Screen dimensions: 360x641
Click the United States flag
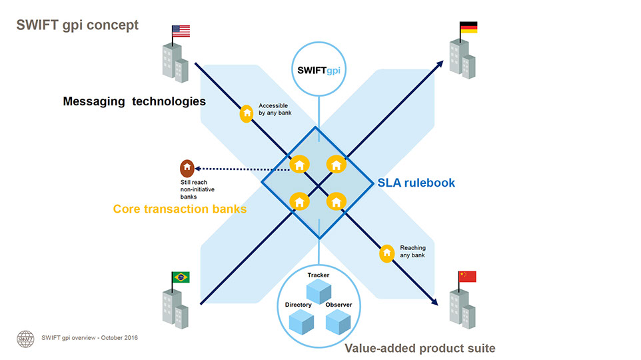[181, 31]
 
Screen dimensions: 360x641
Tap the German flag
[468, 28]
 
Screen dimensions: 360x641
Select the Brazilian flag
[180, 277]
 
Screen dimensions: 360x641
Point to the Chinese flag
[467, 277]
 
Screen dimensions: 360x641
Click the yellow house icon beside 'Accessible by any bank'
[247, 113]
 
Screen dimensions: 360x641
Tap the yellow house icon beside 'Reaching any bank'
[387, 253]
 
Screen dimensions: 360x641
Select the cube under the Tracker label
[318, 291]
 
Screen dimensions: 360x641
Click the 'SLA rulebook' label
[416, 182]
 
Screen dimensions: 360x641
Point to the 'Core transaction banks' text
[180, 209]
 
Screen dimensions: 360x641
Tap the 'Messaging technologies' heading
[134, 101]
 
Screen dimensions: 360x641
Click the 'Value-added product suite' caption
[420, 348]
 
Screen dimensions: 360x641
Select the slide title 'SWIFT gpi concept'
[77, 25]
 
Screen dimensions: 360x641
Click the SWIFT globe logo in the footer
[25, 338]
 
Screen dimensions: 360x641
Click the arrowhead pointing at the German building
[440, 63]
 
